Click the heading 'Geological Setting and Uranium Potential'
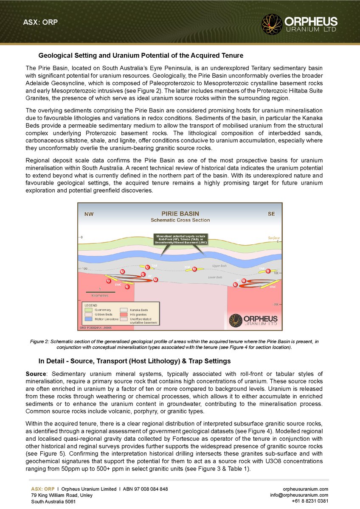141,56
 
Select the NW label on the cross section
89,214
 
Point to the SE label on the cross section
271,214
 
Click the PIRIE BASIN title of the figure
180,214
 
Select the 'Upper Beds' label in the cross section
219,266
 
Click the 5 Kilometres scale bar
100,292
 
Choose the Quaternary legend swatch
88,310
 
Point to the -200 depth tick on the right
275,305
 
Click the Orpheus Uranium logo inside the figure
253,320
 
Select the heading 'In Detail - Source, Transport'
134,361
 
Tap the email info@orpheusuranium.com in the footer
299,495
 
